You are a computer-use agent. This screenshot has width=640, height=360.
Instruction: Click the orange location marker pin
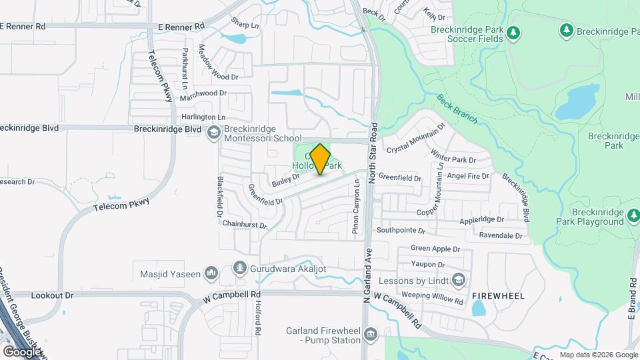tap(320, 159)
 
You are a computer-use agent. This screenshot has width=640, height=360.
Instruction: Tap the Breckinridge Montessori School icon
tap(213, 133)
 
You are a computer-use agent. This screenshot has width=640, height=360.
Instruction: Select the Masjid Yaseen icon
tap(211, 272)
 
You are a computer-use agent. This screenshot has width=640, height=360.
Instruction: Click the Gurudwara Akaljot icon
tap(239, 269)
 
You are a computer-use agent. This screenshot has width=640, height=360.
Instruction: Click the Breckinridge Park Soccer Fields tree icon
tap(513, 32)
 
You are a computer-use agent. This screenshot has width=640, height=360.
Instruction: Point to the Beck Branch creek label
tap(457, 109)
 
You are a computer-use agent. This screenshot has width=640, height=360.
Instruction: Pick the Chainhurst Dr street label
tap(245, 225)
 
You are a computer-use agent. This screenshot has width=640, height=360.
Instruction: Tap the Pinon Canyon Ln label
tap(356, 206)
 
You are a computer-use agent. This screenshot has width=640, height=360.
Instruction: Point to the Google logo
tap(22, 351)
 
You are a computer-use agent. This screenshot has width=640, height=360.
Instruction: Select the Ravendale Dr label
tap(501, 235)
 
